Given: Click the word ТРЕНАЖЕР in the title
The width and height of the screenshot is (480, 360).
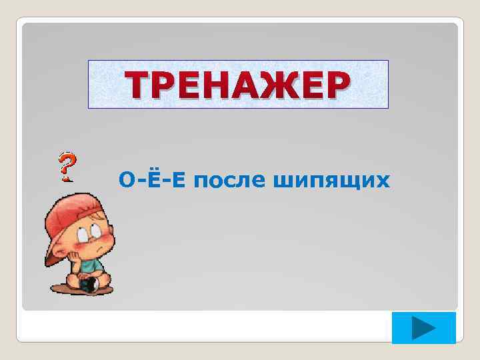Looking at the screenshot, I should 239,85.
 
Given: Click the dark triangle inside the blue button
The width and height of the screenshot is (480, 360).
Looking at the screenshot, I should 422,329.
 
